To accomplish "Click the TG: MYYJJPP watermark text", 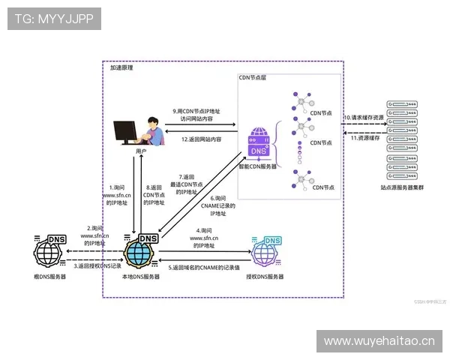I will [x=54, y=19].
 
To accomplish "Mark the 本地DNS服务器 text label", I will [x=141, y=277].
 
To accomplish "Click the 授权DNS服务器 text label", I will [x=265, y=277].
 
